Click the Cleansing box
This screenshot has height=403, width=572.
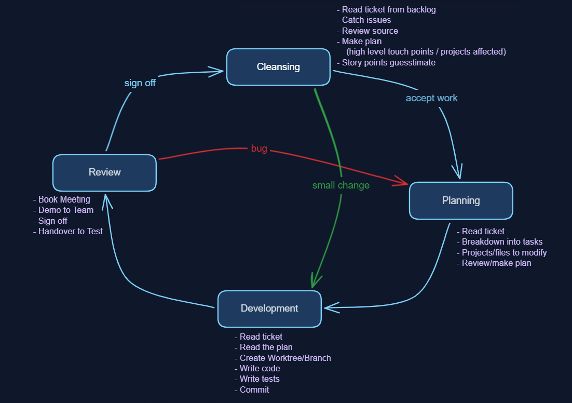point(278,67)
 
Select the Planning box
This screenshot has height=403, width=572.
point(461,200)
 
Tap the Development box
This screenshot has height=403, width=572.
point(269,308)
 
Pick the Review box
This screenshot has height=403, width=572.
point(104,172)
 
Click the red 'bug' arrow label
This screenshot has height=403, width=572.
point(259,149)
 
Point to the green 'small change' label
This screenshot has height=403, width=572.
point(341,185)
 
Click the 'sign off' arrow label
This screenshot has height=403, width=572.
point(140,83)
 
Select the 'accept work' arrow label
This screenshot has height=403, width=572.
point(431,98)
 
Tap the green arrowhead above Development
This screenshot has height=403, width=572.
point(315,280)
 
